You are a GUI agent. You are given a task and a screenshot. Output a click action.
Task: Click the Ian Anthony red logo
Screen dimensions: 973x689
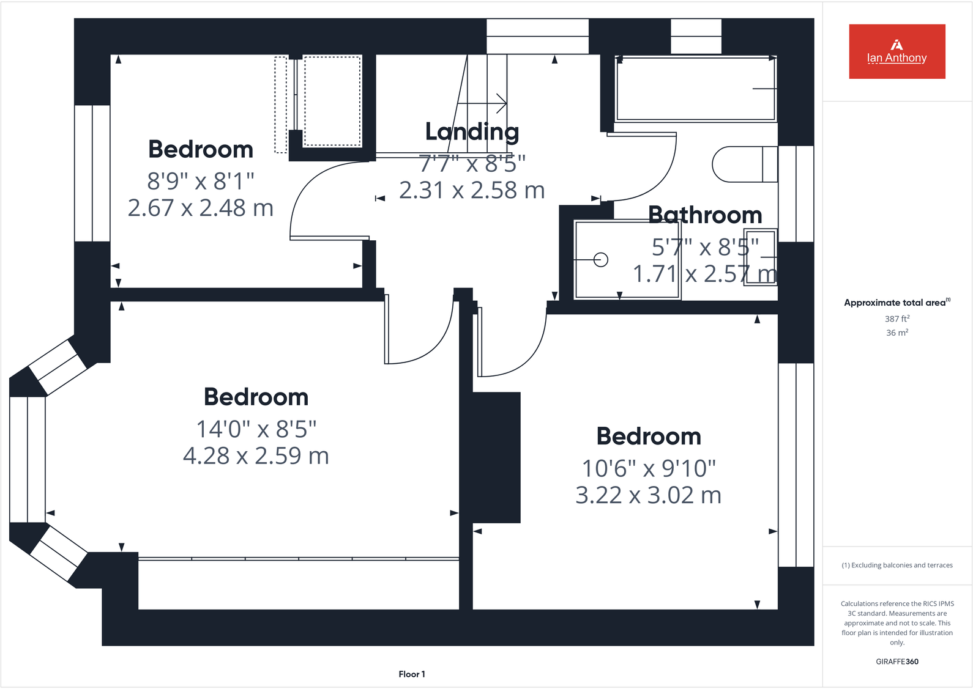coord(897,51)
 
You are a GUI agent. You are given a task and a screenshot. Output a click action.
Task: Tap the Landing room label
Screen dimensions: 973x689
coord(472,132)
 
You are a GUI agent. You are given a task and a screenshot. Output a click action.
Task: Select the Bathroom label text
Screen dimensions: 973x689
coord(705,215)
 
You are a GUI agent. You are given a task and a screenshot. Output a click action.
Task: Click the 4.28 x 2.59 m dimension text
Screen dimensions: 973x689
coord(256,455)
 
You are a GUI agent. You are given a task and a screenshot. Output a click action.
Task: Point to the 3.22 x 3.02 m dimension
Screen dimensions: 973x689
coord(648,495)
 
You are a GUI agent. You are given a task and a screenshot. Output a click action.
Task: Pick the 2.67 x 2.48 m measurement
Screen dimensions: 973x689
coord(200,208)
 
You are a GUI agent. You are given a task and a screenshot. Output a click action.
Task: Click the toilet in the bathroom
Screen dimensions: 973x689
coord(745,164)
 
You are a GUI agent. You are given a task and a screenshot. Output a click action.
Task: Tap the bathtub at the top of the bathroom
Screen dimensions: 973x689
coord(696,89)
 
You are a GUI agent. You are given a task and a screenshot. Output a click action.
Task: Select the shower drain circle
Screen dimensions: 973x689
coord(601,260)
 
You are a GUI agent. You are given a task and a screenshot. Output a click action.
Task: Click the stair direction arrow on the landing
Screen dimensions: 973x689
coord(482,104)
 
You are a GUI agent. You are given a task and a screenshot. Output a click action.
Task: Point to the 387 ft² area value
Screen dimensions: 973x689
coord(897,319)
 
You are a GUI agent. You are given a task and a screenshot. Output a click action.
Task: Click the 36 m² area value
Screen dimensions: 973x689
coord(897,333)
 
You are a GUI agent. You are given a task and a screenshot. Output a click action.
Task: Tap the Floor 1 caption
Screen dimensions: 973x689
coord(412,674)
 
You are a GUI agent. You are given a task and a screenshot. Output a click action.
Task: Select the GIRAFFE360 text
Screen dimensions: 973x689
coord(897,661)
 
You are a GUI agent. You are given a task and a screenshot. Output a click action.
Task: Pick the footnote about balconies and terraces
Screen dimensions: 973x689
coord(897,565)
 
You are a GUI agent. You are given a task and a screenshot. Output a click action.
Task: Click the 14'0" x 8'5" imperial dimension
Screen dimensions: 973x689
coord(256,429)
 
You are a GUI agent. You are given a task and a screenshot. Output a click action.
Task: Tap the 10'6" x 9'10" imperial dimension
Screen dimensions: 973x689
coord(648,468)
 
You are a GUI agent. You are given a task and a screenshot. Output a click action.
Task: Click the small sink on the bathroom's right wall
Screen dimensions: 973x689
coord(760,257)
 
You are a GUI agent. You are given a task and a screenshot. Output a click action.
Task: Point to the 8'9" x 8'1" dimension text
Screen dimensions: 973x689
coord(200,181)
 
